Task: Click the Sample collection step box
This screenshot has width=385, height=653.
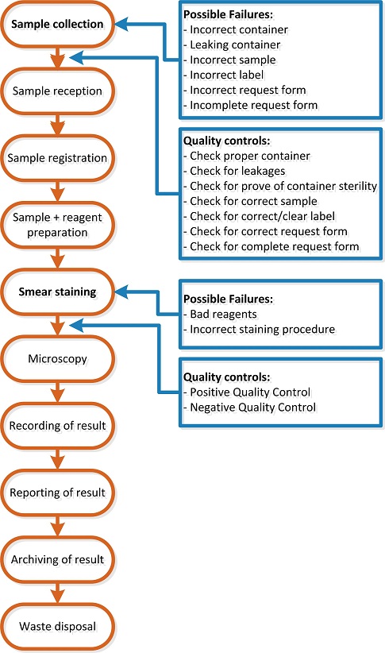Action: [57, 25]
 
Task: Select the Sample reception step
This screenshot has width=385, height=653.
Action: [57, 91]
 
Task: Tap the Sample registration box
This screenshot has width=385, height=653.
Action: [57, 158]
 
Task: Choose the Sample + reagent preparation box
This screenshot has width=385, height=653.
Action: [57, 225]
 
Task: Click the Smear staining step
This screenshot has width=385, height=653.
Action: [57, 292]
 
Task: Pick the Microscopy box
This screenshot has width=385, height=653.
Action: [57, 359]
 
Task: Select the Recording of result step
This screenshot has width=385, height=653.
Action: [57, 426]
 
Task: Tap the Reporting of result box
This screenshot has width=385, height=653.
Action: [57, 493]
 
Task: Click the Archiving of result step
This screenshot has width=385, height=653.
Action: [57, 559]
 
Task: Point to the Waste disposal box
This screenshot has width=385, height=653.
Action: [57, 627]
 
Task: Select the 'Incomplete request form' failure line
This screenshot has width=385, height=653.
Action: [250, 106]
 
